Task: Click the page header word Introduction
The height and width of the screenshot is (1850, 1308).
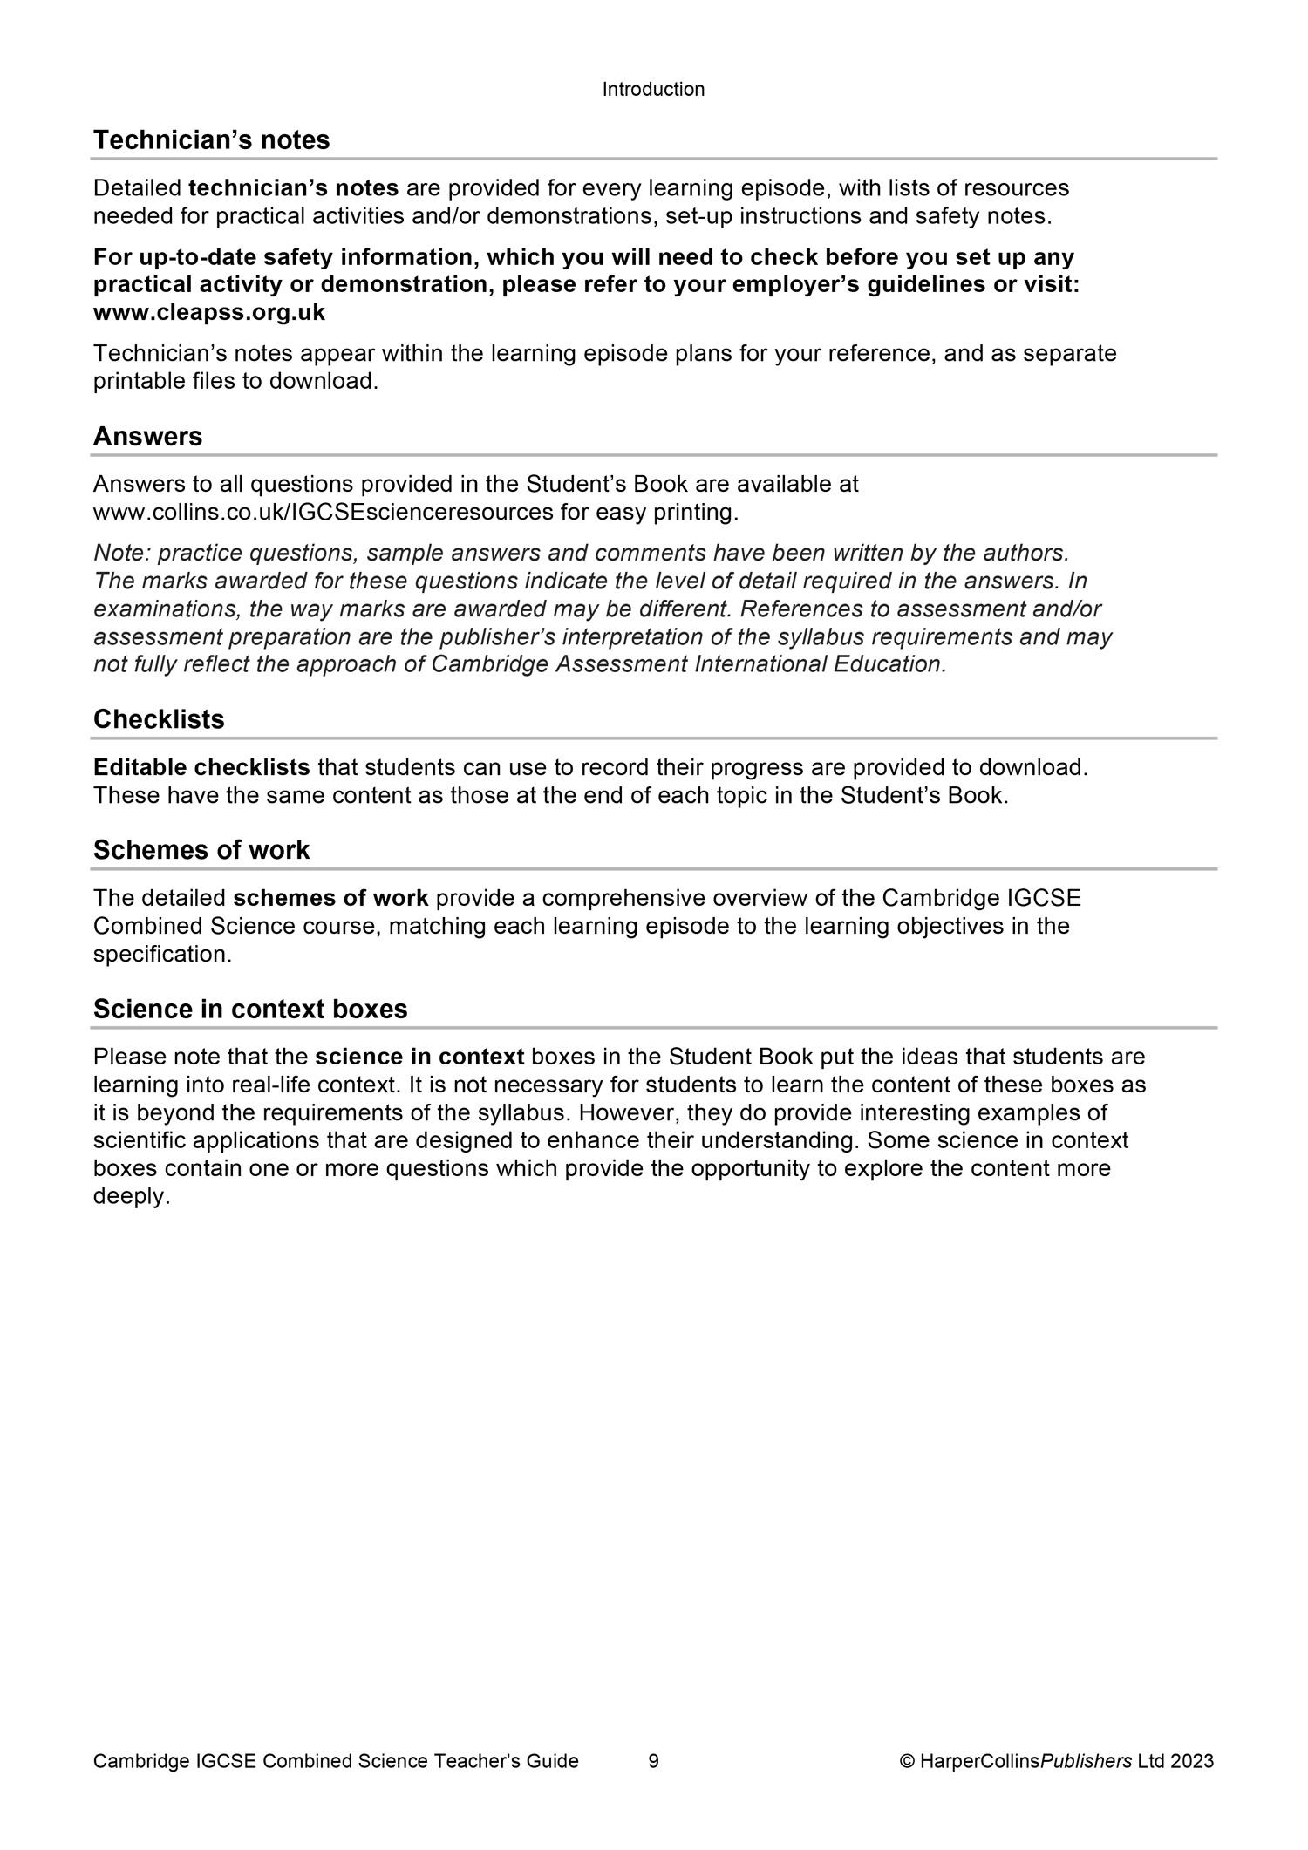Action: [x=653, y=90]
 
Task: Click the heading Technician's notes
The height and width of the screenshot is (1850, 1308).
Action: [x=211, y=140]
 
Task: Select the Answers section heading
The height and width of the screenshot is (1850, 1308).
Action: [x=147, y=437]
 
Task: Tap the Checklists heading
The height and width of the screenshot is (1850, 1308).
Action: [x=159, y=720]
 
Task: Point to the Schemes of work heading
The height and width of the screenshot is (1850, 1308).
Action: [x=201, y=851]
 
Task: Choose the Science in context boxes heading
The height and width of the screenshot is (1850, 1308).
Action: [x=250, y=1010]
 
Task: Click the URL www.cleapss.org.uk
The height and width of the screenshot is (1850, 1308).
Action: [x=209, y=313]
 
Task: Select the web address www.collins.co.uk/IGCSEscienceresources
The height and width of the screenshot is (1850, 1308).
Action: [x=324, y=513]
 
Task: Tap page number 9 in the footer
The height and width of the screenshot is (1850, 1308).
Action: [x=654, y=1761]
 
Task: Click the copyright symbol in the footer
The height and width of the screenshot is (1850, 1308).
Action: [x=907, y=1761]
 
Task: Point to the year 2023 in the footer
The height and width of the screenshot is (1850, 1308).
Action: [x=1192, y=1761]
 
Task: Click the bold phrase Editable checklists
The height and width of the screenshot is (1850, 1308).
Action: [x=201, y=768]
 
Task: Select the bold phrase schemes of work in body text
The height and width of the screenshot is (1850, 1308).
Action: [x=330, y=899]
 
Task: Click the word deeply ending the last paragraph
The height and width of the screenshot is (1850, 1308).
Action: [x=131, y=1197]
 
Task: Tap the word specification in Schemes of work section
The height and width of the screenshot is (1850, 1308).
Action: [x=162, y=955]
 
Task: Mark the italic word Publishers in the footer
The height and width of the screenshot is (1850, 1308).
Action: [x=1086, y=1761]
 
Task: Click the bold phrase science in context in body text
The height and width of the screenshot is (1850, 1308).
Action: [x=419, y=1058]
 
